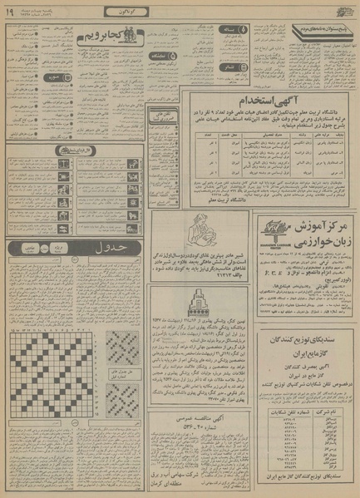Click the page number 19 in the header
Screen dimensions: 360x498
[9, 11]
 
